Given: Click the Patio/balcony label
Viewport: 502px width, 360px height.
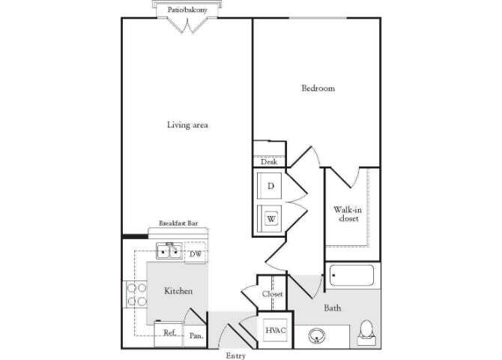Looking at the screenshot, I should coord(187,10).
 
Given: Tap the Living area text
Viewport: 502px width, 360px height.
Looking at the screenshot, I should coord(187,124).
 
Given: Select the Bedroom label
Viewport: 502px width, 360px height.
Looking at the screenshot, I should coord(318,88).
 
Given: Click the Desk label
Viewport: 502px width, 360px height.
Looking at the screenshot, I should coord(268,161).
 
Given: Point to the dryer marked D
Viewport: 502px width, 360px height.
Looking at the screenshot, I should coord(270,185).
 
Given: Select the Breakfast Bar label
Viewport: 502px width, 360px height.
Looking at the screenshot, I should coord(178,223).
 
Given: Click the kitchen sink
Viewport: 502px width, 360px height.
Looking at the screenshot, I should coord(169,250).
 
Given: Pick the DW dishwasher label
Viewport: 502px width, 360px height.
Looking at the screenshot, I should coord(195,254).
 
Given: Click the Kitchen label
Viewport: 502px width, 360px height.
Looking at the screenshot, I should coord(178,290).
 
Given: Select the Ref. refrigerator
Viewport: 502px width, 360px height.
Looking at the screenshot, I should coord(169,332).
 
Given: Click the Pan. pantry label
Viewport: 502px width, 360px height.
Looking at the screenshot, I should coord(196,336).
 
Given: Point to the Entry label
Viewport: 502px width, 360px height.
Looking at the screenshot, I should coord(236,355).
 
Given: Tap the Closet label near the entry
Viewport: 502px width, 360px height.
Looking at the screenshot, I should coord(272,294).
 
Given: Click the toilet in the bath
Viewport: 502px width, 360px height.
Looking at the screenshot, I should coord(366,331).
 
